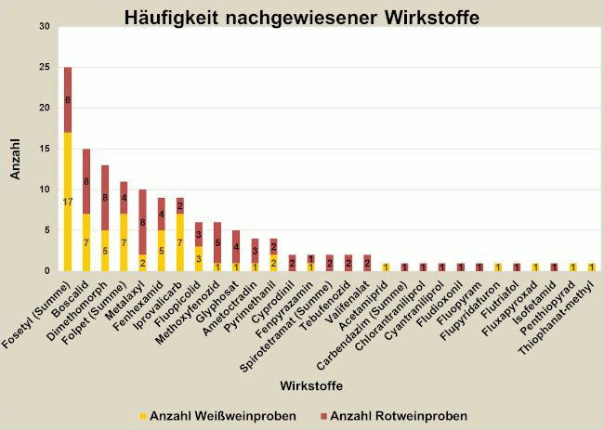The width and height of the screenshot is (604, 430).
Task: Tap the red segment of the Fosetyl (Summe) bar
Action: coord(68,99)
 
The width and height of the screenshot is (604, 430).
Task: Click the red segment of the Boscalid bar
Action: coord(86,181)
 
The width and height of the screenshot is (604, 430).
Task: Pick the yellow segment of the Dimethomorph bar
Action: coord(105,249)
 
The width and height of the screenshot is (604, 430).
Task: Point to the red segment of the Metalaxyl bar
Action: coord(142,222)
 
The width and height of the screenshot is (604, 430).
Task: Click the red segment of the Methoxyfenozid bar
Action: coord(217,242)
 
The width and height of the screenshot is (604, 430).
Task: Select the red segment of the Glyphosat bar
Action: coord(236,246)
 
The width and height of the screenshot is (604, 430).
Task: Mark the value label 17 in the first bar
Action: coord(68,202)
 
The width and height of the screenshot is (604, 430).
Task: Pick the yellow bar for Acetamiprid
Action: coord(386,267)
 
